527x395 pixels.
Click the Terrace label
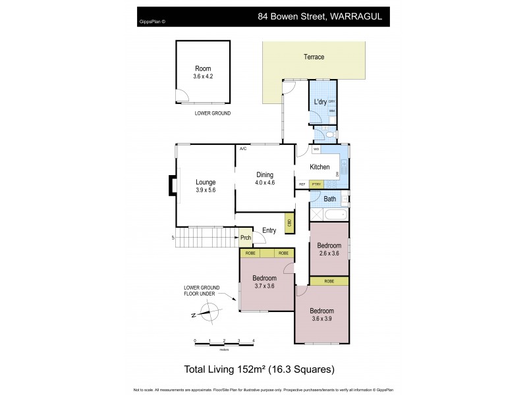314,57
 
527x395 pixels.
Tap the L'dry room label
320,101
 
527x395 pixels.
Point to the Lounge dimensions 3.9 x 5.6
206,190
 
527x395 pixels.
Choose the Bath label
329,199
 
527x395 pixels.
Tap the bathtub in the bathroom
333,215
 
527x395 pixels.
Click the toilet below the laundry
329,135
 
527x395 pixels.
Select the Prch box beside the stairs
246,238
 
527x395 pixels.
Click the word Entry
269,230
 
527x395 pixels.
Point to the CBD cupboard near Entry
289,224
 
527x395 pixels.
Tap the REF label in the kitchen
302,185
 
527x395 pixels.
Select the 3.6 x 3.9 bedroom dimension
322,319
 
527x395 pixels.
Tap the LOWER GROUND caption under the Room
212,113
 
